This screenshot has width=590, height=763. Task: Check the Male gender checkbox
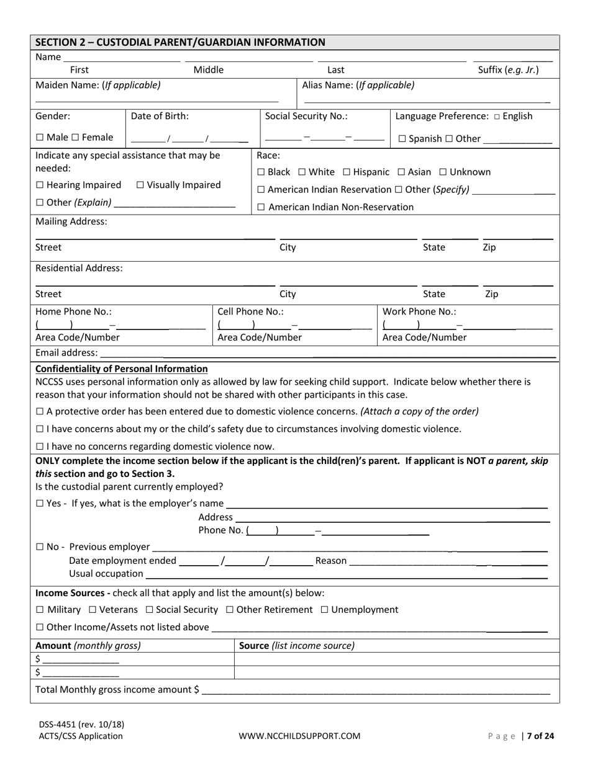tap(40, 138)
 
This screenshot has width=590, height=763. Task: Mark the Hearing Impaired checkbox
tap(40, 185)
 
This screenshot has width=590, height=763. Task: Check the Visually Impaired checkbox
tap(140, 185)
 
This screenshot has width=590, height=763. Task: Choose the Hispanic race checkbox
tap(347, 172)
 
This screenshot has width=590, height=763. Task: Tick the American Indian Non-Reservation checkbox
tap(261, 207)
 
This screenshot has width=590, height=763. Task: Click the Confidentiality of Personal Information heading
tap(122, 369)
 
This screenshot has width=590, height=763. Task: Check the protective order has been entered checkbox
tap(40, 411)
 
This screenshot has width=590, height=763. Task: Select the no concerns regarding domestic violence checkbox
tap(40, 447)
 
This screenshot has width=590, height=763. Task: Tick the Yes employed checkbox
tap(40, 504)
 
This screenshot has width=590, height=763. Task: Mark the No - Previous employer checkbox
tap(40, 547)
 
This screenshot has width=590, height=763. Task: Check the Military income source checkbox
tap(40, 610)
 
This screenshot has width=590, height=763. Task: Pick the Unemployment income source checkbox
tap(324, 610)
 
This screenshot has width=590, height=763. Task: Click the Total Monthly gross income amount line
tap(376, 690)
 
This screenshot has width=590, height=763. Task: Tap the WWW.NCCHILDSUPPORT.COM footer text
tap(299, 736)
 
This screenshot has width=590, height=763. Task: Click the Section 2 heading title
tap(180, 42)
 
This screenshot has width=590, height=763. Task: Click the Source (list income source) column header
tap(297, 646)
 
